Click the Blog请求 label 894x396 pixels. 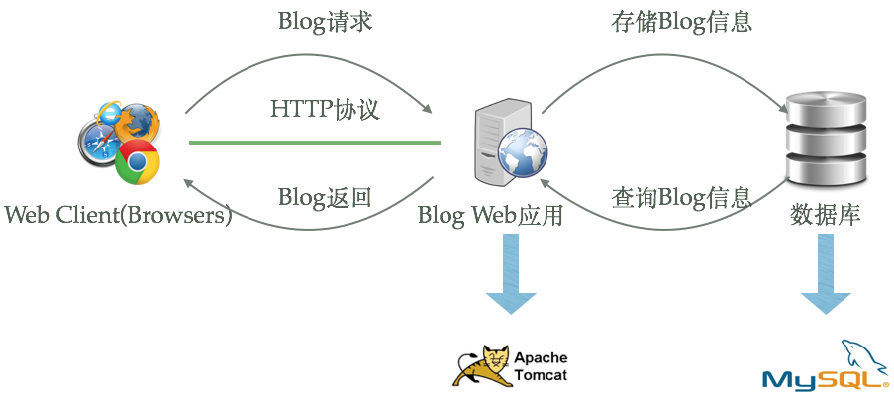(x=325, y=22)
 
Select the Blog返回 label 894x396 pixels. (x=325, y=195)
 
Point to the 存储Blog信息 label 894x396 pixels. (x=680, y=22)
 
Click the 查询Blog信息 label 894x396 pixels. (x=680, y=195)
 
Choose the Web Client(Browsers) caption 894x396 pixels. (x=117, y=215)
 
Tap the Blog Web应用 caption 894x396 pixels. (x=490, y=215)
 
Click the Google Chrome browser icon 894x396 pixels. (x=138, y=161)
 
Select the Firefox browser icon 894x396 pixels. (x=138, y=122)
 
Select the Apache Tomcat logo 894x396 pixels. (x=511, y=365)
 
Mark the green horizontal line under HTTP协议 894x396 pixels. (x=314, y=143)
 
